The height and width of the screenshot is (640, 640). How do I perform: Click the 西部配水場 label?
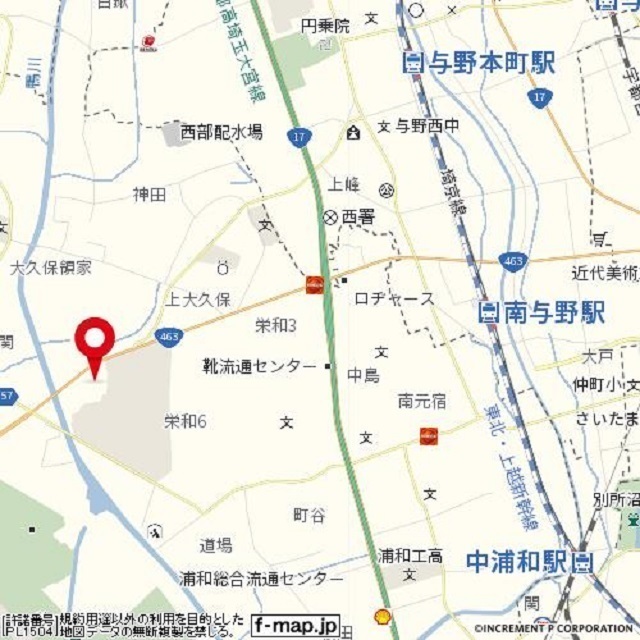pyautogui.click(x=221, y=132)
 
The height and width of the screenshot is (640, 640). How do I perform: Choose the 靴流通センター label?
pyautogui.click(x=259, y=366)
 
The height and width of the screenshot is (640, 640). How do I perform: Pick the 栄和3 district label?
pyautogui.click(x=276, y=325)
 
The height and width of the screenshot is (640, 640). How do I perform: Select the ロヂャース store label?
pyautogui.click(x=395, y=299)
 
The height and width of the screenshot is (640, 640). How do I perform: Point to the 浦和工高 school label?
pyautogui.click(x=411, y=555)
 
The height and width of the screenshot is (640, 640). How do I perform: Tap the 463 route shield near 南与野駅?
pyautogui.click(x=513, y=262)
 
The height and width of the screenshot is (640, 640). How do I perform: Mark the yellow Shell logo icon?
pyautogui.click(x=381, y=618)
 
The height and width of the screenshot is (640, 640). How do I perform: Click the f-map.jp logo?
pyautogui.click(x=295, y=623)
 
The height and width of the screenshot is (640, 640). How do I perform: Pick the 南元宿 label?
pyautogui.click(x=421, y=401)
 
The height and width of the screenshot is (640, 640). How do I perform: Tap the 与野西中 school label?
pyautogui.click(x=425, y=127)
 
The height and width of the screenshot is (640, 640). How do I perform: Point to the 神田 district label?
pyautogui.click(x=149, y=195)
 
